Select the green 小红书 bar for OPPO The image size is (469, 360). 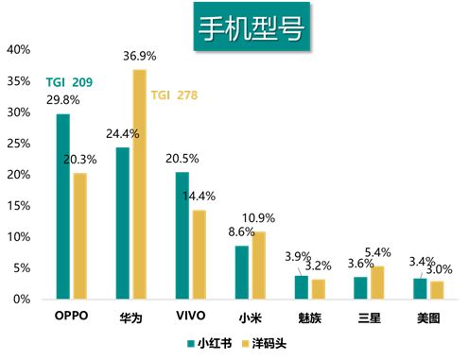click(62, 206)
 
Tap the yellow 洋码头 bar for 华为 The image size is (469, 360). click(139, 184)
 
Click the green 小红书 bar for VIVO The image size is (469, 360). click(182, 235)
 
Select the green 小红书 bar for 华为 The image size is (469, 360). click(123, 223)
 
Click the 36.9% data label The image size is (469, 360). click(140, 59)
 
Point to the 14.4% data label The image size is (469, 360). click(200, 197)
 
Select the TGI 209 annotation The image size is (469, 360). click(69, 82)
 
